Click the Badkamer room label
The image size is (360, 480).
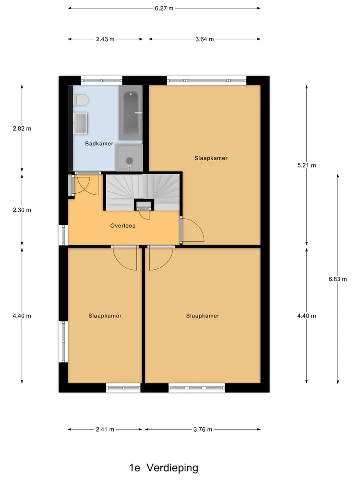click(99, 143)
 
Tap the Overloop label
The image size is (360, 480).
click(123, 226)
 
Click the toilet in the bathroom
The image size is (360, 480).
click(81, 100)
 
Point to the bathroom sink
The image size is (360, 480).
click(81, 123)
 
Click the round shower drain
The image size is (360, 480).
click(130, 160)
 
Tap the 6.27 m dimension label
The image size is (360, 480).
click(164, 8)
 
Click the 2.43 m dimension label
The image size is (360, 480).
click(105, 39)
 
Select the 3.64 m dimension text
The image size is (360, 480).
click(205, 39)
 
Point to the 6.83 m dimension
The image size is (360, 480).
click(338, 279)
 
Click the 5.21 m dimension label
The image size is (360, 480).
click(306, 165)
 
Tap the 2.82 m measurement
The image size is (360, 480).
click(22, 129)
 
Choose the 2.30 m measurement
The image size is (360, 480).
click(22, 210)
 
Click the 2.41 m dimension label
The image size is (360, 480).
click(105, 429)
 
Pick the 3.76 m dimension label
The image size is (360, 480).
click(203, 429)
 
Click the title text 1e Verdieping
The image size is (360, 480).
click(164, 468)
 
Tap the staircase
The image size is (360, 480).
click(143, 192)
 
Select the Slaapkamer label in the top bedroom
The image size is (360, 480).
click(211, 158)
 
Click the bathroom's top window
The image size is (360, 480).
click(102, 81)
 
